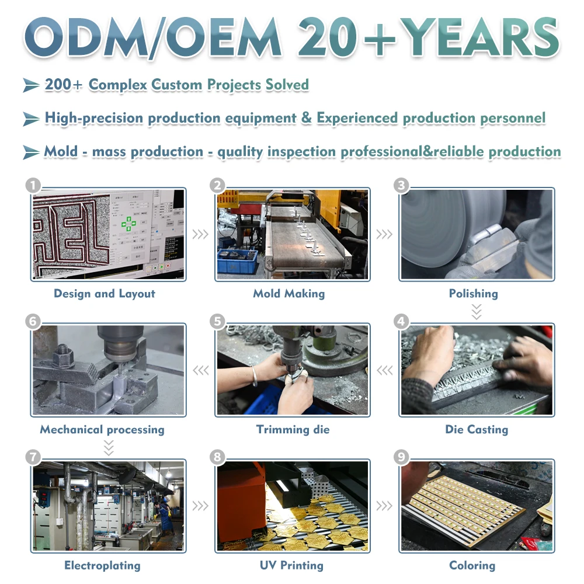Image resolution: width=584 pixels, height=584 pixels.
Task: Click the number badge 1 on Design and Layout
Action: [33, 185]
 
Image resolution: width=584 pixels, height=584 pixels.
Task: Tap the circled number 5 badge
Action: [217, 321]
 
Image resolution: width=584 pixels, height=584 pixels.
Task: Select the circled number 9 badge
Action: [402, 457]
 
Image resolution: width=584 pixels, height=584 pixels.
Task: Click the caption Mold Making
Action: [289, 294]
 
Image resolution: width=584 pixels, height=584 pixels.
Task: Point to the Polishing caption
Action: [474, 294]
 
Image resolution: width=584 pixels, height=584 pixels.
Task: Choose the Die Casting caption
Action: [477, 429]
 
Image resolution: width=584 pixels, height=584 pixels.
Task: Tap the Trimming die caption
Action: [293, 429]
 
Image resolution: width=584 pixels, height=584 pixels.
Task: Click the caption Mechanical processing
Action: [102, 429]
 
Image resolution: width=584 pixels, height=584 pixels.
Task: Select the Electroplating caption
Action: [102, 565]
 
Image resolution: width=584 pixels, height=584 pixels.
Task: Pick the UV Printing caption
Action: [291, 565]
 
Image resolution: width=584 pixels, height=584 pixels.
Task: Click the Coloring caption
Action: [472, 565]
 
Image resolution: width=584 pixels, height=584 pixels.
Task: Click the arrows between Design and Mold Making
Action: [200, 234]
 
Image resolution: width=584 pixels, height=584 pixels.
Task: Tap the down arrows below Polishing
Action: [477, 312]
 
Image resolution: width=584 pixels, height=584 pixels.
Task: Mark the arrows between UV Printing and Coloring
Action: [384, 506]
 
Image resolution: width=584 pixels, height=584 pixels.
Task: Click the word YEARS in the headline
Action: [479, 37]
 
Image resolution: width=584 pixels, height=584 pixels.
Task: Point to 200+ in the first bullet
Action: [63, 85]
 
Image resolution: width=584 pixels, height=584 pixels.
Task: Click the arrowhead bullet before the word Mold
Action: [32, 152]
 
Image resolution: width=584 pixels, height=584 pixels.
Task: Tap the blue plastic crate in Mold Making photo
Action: [237, 260]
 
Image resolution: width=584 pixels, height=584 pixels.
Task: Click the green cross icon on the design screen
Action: [128, 224]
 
